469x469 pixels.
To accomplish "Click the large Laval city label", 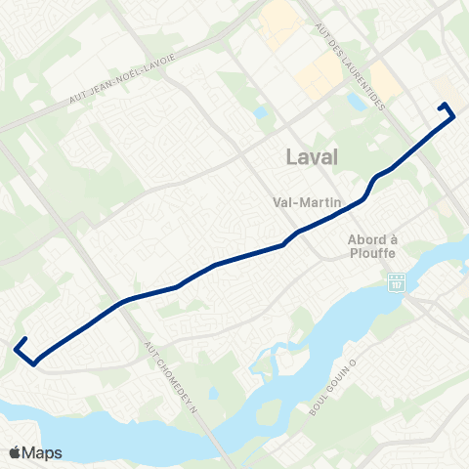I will pyautogui.click(x=312, y=156).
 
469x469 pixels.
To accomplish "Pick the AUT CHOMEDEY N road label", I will pyautogui.click(x=173, y=376).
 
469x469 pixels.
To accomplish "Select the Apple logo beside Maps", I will pyautogui.click(x=15, y=452).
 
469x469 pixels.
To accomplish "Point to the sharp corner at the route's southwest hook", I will pyautogui.click(x=34, y=363).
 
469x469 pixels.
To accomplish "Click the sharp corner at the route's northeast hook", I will pyautogui.click(x=454, y=116).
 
